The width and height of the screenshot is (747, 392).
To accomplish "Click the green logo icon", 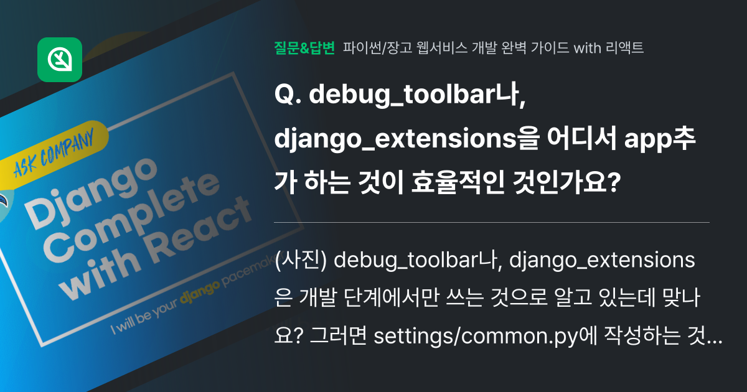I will pyautogui.click(x=60, y=60).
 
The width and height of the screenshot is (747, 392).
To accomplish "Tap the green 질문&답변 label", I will pyautogui.click(x=304, y=47).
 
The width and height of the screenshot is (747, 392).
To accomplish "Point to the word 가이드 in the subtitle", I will pyautogui.click(x=549, y=47).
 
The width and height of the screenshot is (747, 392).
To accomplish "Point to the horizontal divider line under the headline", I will pyautogui.click(x=492, y=222).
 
